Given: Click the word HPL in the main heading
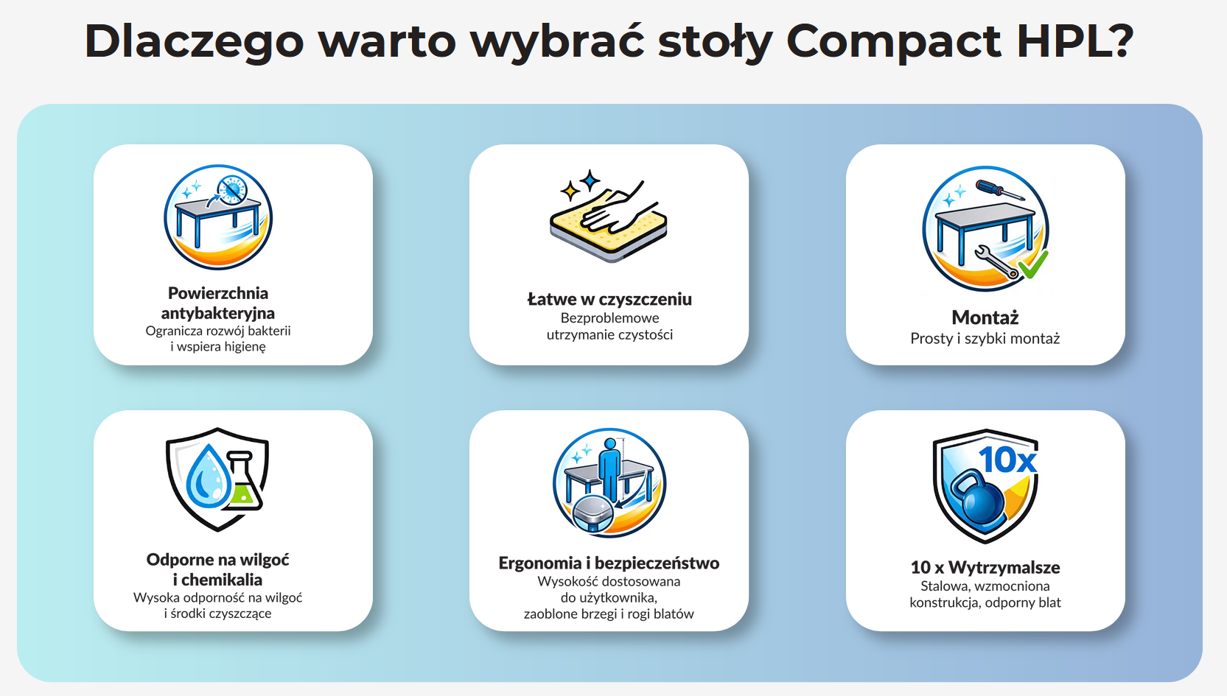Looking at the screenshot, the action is click(1065, 41).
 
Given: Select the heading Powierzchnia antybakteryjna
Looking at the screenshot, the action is click(218, 303).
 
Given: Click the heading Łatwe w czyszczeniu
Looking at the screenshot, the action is click(609, 299).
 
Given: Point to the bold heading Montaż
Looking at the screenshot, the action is click(985, 317).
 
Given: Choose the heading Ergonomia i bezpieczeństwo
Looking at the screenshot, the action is click(609, 563).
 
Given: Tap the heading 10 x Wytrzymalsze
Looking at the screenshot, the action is click(985, 567).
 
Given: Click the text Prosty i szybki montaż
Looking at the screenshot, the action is click(985, 338).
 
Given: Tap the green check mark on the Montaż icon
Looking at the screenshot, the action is click(1034, 265).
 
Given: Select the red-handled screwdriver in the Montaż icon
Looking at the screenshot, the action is click(1000, 190).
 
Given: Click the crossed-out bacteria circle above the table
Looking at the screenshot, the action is click(231, 189).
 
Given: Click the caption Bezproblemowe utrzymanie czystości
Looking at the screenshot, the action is click(609, 326).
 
